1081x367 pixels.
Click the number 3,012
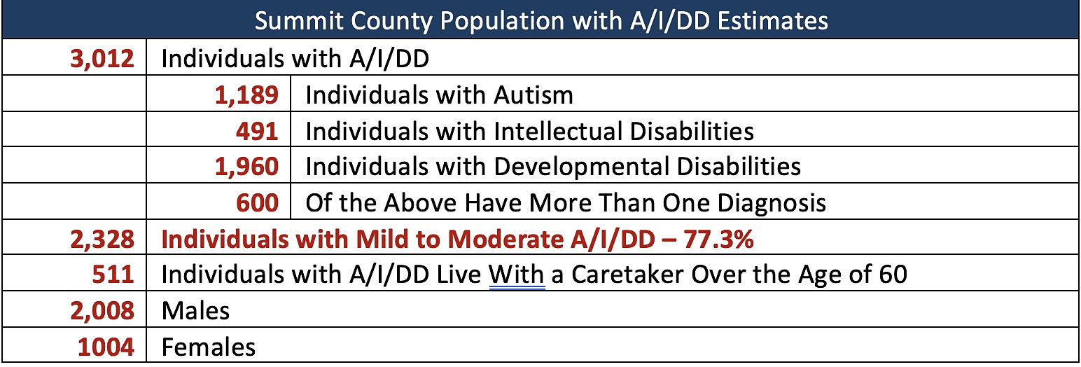pyautogui.click(x=102, y=59)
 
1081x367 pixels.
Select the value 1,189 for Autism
pyautogui.click(x=246, y=95)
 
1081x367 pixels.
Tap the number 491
pyautogui.click(x=257, y=132)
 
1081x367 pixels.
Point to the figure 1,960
pyautogui.click(x=246, y=167)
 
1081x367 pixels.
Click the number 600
pyautogui.click(x=257, y=203)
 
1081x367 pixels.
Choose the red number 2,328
pyautogui.click(x=102, y=240)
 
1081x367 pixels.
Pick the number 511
pyautogui.click(x=113, y=275)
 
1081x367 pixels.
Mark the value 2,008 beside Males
pyautogui.click(x=102, y=310)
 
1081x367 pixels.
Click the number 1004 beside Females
pyautogui.click(x=106, y=347)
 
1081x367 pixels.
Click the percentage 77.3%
pyautogui.click(x=718, y=240)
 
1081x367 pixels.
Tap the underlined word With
pyautogui.click(x=517, y=275)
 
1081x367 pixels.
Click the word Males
pyautogui.click(x=195, y=310)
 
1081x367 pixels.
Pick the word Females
pyautogui.click(x=209, y=347)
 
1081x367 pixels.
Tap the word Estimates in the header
pyautogui.click(x=773, y=21)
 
